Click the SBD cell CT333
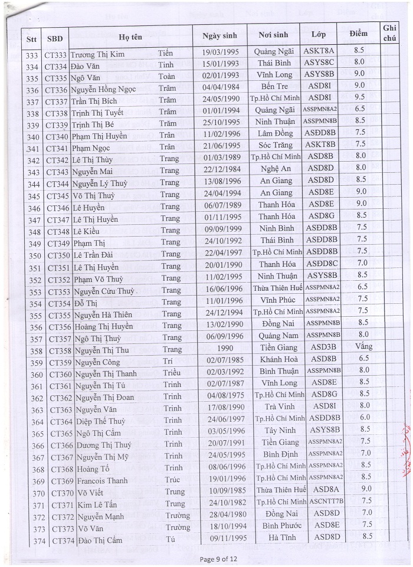click(x=57, y=52)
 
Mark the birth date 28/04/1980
click(x=220, y=513)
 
